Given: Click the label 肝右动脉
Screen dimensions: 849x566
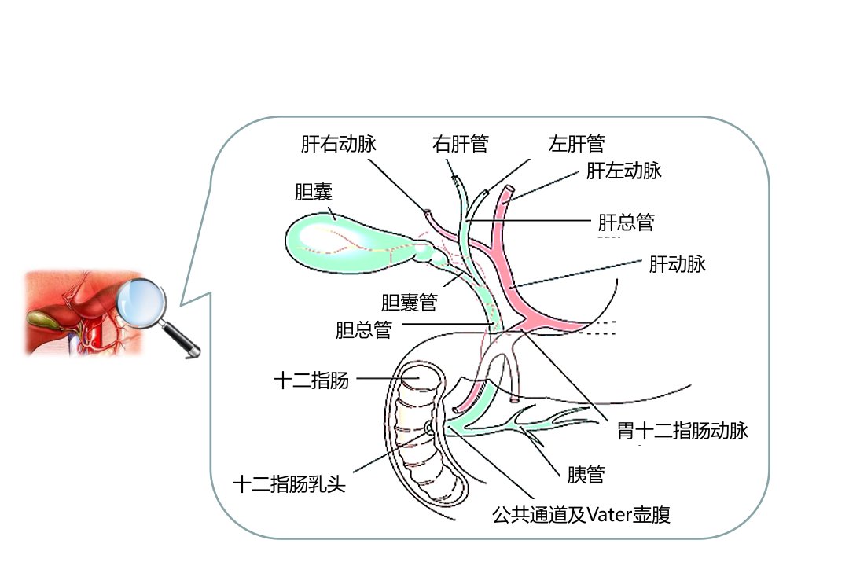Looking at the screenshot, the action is (338, 144).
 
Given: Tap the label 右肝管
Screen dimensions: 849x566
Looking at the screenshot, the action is (460, 144).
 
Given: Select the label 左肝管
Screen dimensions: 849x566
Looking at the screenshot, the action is (577, 144).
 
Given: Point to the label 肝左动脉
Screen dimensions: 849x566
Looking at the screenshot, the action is (623, 171).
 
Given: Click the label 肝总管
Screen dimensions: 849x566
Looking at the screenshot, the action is (627, 222).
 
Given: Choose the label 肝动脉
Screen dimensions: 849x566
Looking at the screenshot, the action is (678, 264).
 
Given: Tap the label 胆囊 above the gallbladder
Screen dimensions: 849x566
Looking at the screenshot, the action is (314, 192).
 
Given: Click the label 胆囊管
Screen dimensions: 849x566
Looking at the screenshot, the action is (410, 302).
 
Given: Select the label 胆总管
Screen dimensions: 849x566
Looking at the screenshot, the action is (364, 330).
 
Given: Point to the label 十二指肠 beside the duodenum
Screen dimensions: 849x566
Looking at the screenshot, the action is (311, 380).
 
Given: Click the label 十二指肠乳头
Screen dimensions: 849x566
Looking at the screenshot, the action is (289, 483).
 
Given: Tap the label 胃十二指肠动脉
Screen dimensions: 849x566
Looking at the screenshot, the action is (683, 431).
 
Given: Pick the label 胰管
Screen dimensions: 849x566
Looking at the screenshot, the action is (586, 475).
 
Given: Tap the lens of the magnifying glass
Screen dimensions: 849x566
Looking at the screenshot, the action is (141, 303).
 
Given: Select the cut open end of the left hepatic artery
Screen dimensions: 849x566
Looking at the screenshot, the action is (509, 189).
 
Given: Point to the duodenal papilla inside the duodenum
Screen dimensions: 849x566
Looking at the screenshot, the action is (428, 428).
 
